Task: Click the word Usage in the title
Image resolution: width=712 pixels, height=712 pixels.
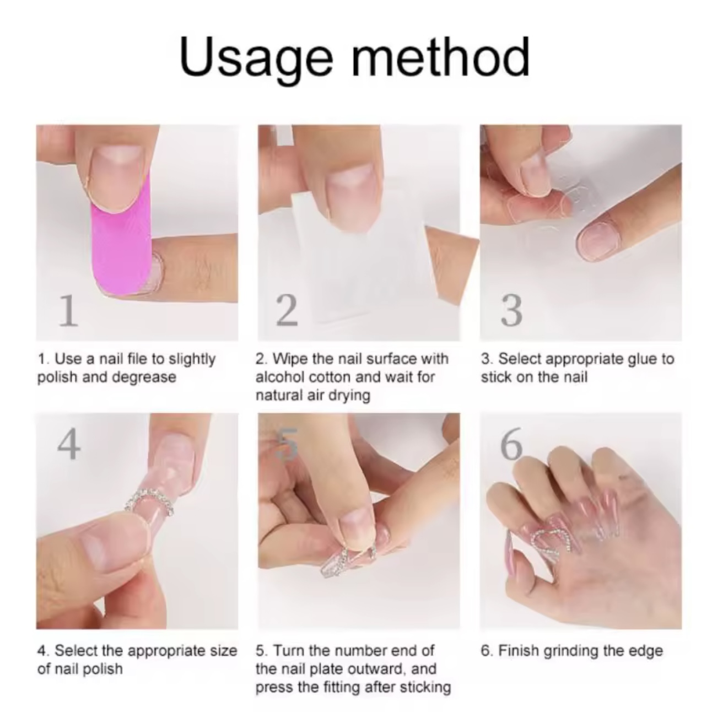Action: (x=256, y=60)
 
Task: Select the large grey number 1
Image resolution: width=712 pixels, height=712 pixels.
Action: (x=69, y=311)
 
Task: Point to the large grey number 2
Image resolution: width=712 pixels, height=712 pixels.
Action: (x=287, y=311)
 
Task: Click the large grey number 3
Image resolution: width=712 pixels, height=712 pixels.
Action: (x=511, y=311)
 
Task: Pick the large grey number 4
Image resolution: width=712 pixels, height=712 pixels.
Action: (x=69, y=444)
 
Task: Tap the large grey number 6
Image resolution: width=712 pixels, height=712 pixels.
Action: (x=511, y=444)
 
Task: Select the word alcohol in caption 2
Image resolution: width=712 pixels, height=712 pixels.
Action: (x=280, y=377)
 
